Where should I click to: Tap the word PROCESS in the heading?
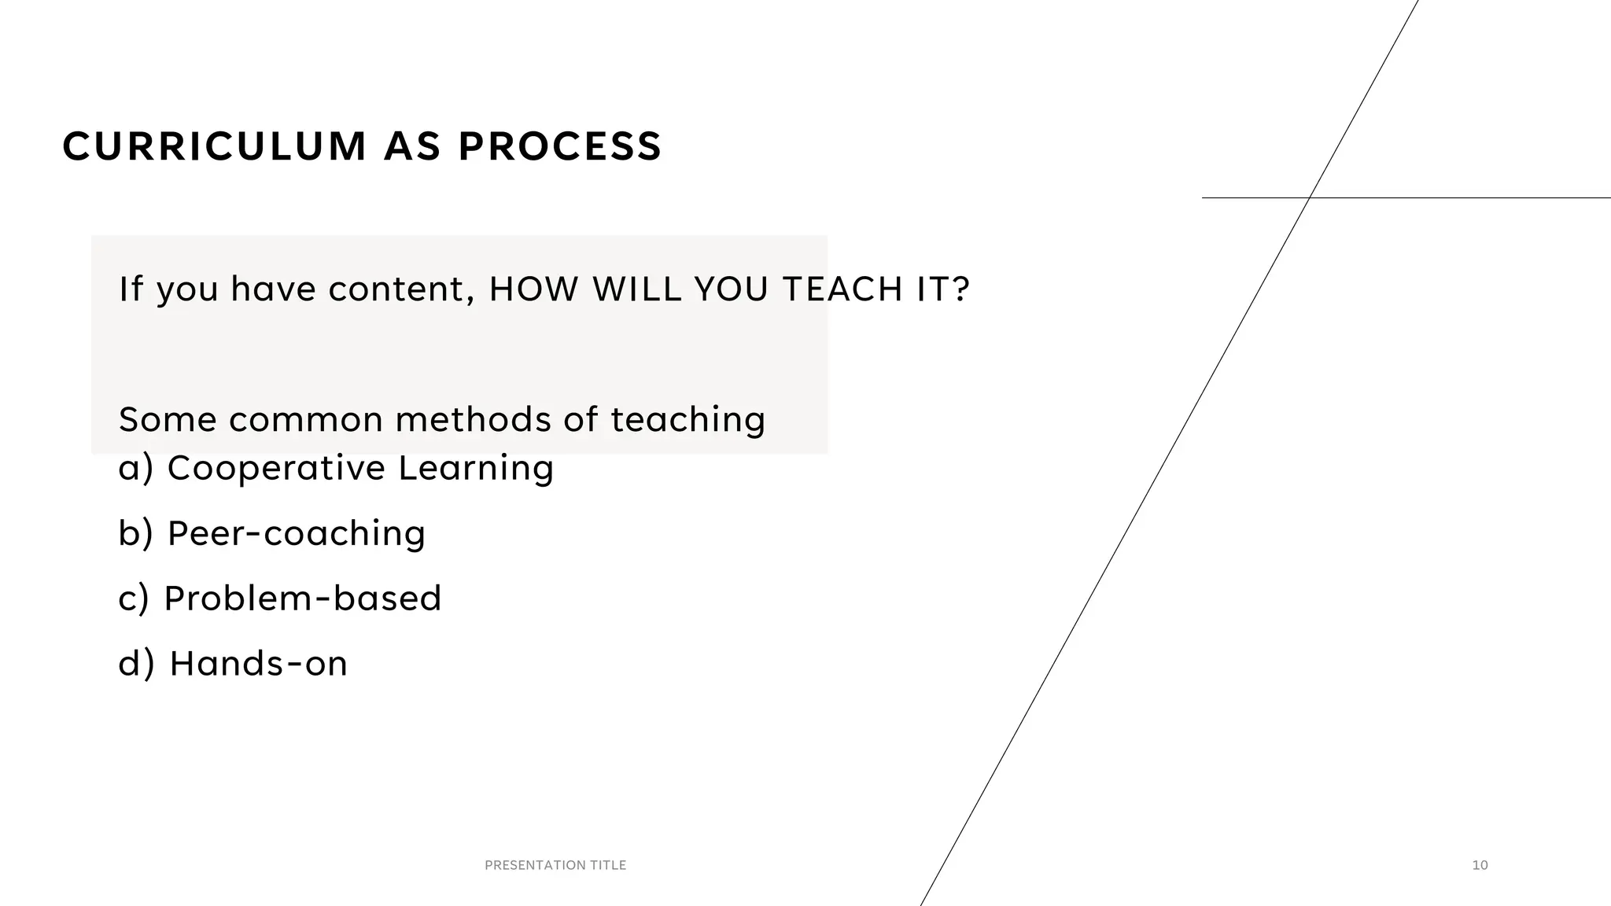pos(560,147)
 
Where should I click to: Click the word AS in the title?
pos(412,147)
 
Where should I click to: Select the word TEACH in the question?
pos(842,289)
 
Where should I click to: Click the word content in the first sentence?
pos(401,289)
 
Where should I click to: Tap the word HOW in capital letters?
pos(533,289)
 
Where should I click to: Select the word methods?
pos(473,419)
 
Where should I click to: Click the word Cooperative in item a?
pos(276,468)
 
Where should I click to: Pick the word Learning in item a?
pos(476,468)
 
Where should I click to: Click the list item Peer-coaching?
pos(296,533)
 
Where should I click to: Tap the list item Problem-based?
pos(302,598)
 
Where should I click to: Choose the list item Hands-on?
pos(258,664)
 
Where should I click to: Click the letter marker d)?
pos(136,664)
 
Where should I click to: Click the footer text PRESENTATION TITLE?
pos(555,865)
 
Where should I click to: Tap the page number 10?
pos(1480,865)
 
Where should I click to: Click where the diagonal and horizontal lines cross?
pos(1309,197)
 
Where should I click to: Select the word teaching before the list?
pos(688,419)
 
